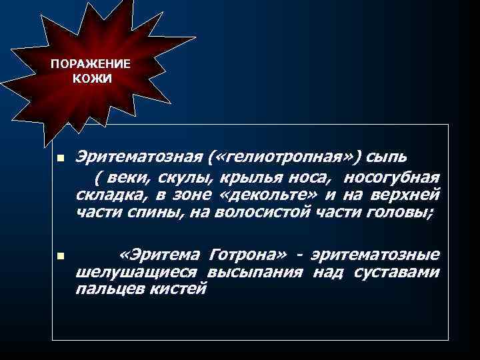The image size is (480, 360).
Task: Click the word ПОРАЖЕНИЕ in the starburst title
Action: coord(91,66)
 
